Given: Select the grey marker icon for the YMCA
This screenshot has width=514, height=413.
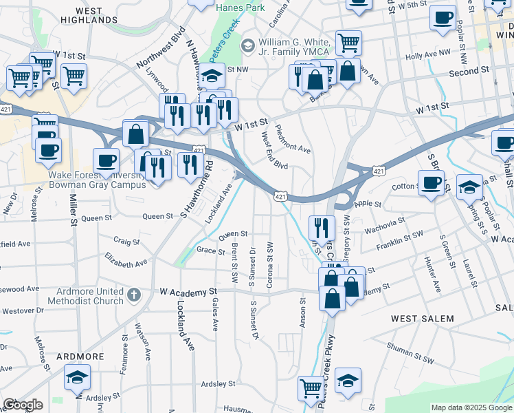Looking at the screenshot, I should point(247,45).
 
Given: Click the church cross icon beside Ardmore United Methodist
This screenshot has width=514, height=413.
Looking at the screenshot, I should point(133,295).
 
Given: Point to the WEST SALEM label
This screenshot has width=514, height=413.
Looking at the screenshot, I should point(423,318).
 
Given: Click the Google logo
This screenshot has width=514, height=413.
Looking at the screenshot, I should point(23,405).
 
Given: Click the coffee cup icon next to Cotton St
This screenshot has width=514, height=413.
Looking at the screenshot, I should point(431,183).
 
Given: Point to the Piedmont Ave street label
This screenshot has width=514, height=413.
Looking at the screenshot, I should point(293,139).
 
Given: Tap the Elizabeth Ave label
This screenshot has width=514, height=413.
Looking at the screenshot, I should point(126,259).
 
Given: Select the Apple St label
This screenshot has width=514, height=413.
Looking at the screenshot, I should point(367,204).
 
